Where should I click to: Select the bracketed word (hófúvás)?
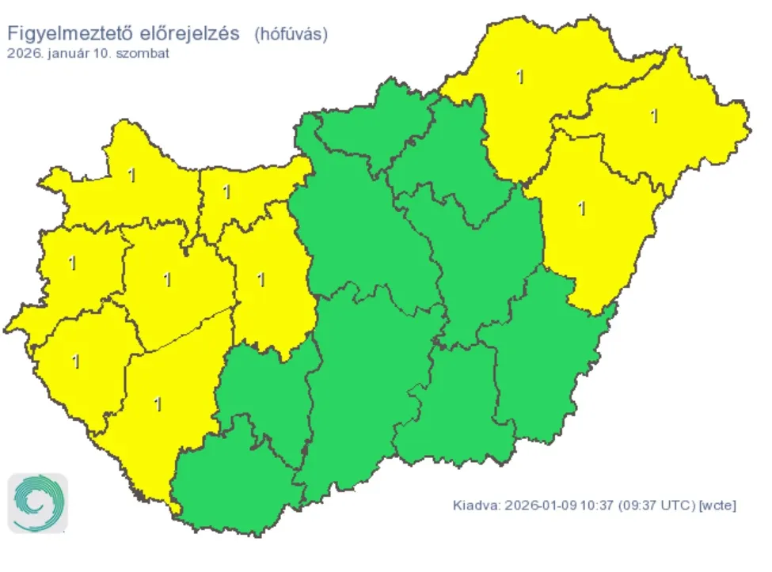pyautogui.click(x=291, y=34)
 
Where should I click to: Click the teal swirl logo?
pyautogui.click(x=38, y=503)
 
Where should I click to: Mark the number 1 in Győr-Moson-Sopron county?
pyautogui.click(x=131, y=175)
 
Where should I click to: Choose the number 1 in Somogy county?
pyautogui.click(x=158, y=403)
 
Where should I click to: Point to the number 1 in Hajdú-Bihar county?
pyautogui.click(x=583, y=209)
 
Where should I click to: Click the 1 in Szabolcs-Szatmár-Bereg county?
pyautogui.click(x=654, y=116)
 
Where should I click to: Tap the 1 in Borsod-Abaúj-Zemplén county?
pyautogui.click(x=519, y=77)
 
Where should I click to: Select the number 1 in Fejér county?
pyautogui.click(x=261, y=279)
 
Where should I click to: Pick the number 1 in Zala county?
pyautogui.click(x=76, y=362)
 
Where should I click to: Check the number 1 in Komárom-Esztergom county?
pyautogui.click(x=226, y=191)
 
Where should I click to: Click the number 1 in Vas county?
pyautogui.click(x=73, y=263)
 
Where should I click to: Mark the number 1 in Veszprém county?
pyautogui.click(x=166, y=279)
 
